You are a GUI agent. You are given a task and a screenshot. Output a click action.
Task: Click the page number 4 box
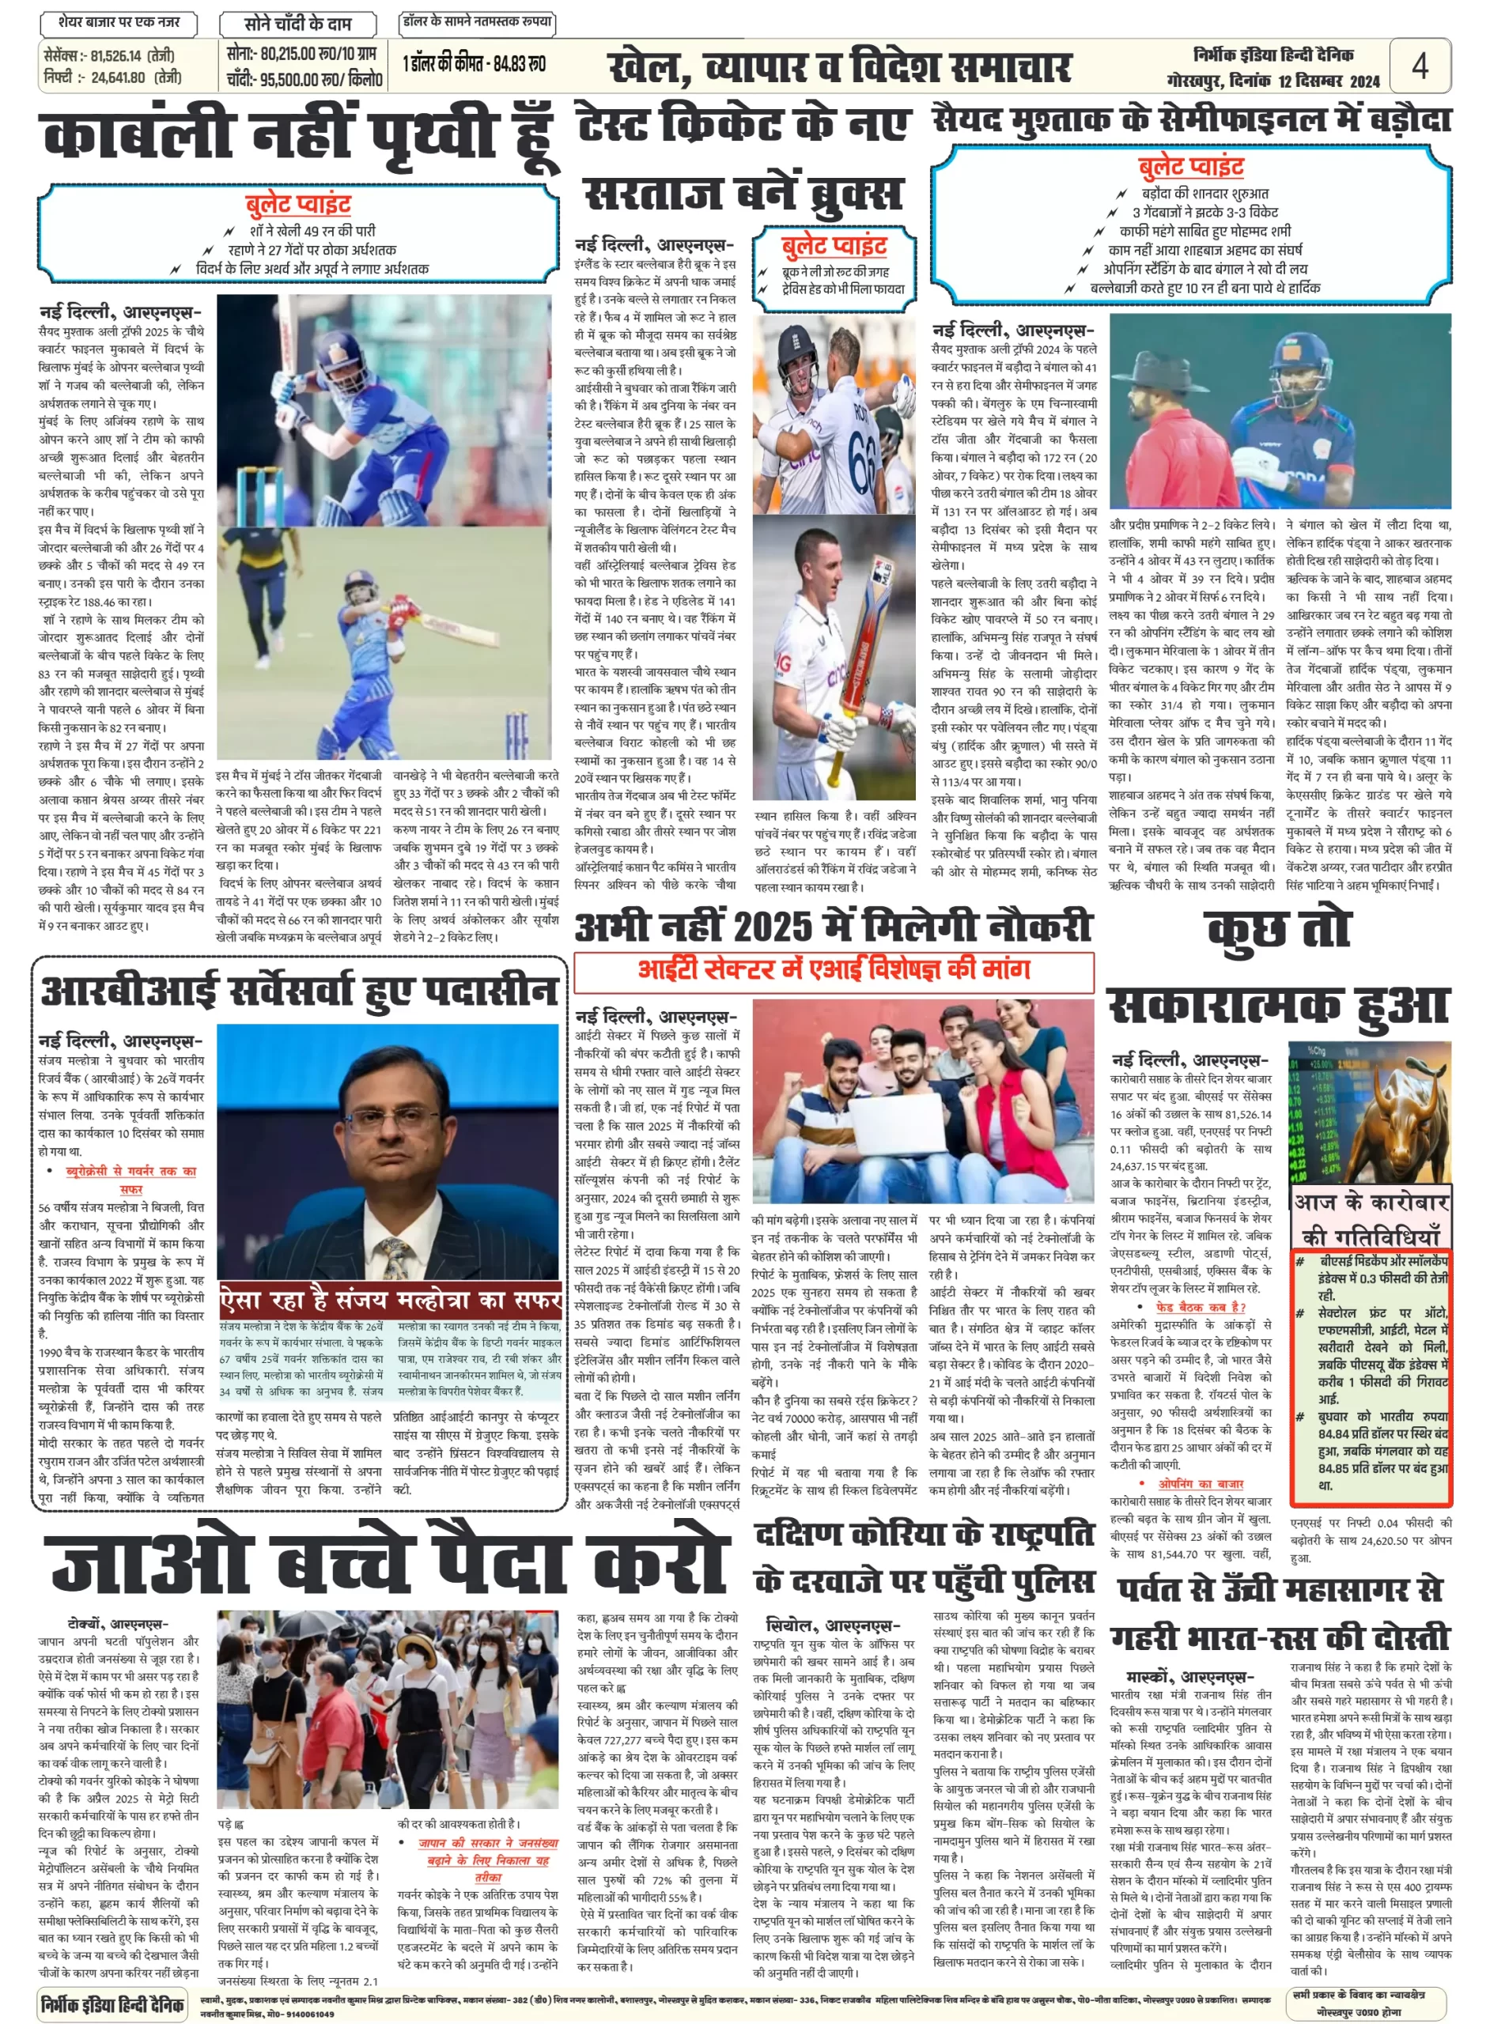point(1419,65)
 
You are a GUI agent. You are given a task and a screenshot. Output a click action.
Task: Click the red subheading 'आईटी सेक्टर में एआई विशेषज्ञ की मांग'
point(834,970)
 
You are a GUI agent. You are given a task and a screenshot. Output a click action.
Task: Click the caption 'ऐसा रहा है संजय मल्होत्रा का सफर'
point(391,1300)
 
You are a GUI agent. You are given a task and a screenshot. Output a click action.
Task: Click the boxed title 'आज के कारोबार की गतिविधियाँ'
point(1371,1218)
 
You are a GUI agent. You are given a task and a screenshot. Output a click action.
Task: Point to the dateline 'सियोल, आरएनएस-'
point(831,1626)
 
